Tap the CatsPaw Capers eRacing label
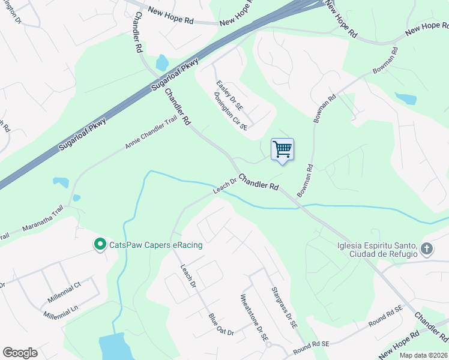tap(155, 245)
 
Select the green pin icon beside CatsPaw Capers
tap(100, 244)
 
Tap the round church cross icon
tap(427, 248)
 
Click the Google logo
tap(20, 352)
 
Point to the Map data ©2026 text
tap(423, 355)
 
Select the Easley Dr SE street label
tap(229, 96)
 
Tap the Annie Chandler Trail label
tap(152, 133)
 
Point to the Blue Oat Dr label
tap(221, 324)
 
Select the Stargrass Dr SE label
tap(284, 307)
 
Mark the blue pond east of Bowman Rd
tap(405, 98)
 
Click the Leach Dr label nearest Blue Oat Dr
tap(188, 276)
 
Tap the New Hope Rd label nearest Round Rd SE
tap(399, 342)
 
